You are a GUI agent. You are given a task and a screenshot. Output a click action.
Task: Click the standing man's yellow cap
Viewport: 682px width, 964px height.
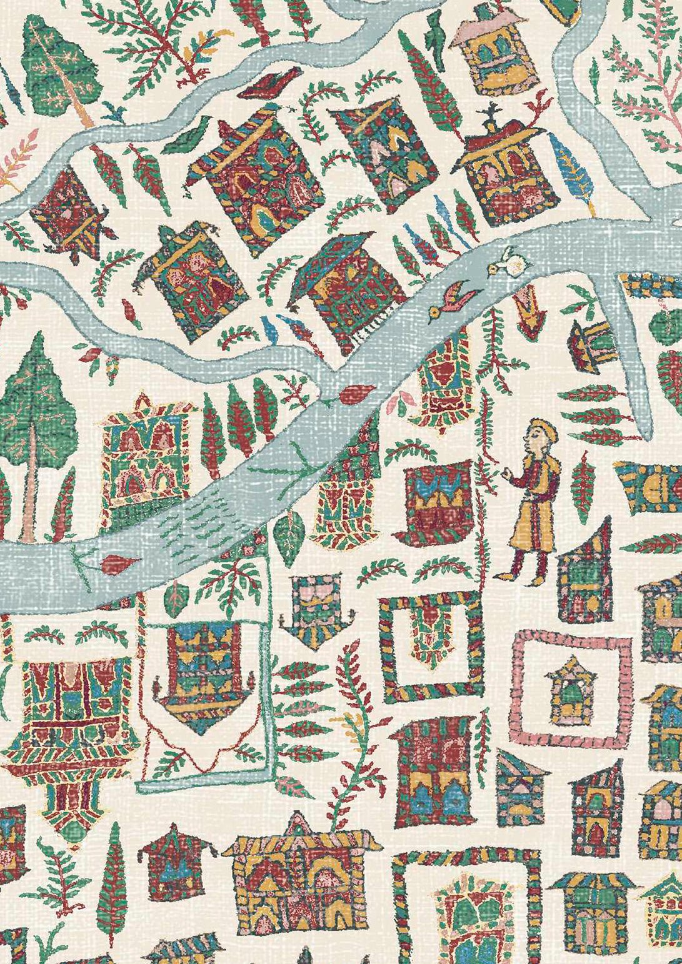[x=542, y=429]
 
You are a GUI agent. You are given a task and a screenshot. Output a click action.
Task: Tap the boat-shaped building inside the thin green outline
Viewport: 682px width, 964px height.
[x=203, y=675]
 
